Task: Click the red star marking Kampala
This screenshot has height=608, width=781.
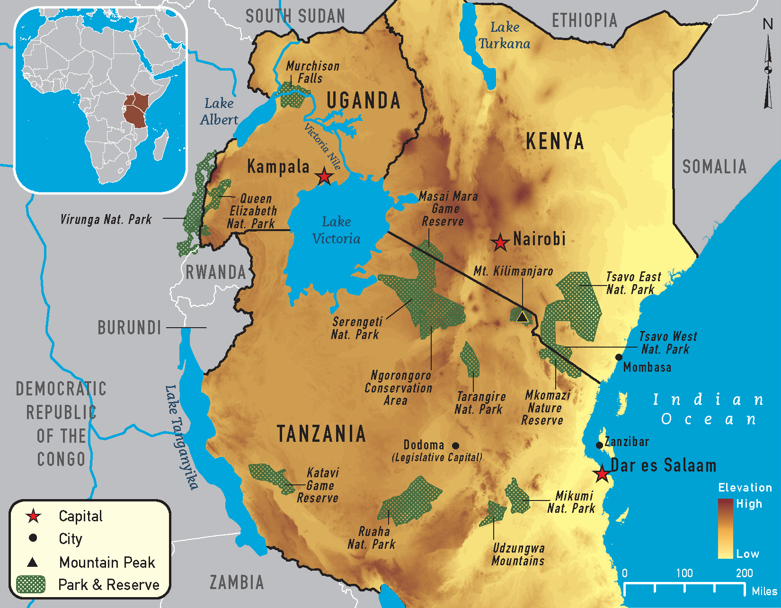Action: click(x=324, y=176)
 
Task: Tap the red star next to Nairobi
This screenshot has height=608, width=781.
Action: click(x=500, y=242)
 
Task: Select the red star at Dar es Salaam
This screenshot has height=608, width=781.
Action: click(x=602, y=474)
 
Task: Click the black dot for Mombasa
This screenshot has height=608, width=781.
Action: click(x=619, y=357)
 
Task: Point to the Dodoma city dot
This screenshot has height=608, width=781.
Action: click(x=455, y=446)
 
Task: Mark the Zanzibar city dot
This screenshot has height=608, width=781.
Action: click(x=599, y=445)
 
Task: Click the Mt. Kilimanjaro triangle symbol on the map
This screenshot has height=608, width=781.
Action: click(x=522, y=317)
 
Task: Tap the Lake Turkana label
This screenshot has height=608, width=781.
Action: click(x=504, y=36)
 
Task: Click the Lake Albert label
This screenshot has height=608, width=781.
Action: click(x=219, y=111)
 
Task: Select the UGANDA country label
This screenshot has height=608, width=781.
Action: click(x=364, y=100)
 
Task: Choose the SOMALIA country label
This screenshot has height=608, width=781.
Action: click(x=714, y=167)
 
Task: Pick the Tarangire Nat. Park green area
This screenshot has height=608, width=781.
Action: click(x=470, y=360)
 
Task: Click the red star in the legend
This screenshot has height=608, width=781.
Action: click(x=33, y=516)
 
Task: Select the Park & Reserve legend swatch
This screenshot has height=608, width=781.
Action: click(x=30, y=584)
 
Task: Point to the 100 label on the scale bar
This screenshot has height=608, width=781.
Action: click(x=684, y=573)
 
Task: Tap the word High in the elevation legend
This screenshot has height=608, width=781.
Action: click(x=749, y=504)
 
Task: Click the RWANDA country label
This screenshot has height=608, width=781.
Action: click(x=216, y=272)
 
